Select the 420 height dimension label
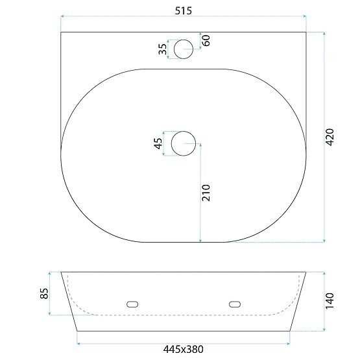[330, 138]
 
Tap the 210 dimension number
[207, 193]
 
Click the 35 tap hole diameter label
[162, 49]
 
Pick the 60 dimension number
[207, 40]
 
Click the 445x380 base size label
[183, 350]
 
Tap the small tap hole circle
[184, 48]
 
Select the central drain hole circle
[184, 143]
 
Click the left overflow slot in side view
[133, 303]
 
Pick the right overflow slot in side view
[235, 303]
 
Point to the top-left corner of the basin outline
[61, 32]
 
